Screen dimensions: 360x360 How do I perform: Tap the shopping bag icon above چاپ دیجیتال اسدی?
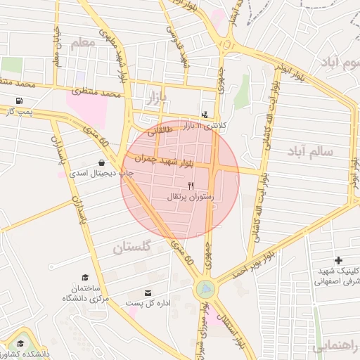103,162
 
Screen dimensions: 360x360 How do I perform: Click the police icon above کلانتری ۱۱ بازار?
205,114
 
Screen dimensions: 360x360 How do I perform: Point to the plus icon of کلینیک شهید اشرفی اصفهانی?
338,260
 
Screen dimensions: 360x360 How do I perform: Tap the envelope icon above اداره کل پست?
148,292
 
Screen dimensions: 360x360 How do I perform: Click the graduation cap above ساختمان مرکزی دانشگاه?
85,278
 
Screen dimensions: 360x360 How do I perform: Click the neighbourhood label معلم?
82,44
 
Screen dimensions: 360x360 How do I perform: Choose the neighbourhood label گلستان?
132,247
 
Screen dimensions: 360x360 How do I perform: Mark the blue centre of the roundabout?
205,288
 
